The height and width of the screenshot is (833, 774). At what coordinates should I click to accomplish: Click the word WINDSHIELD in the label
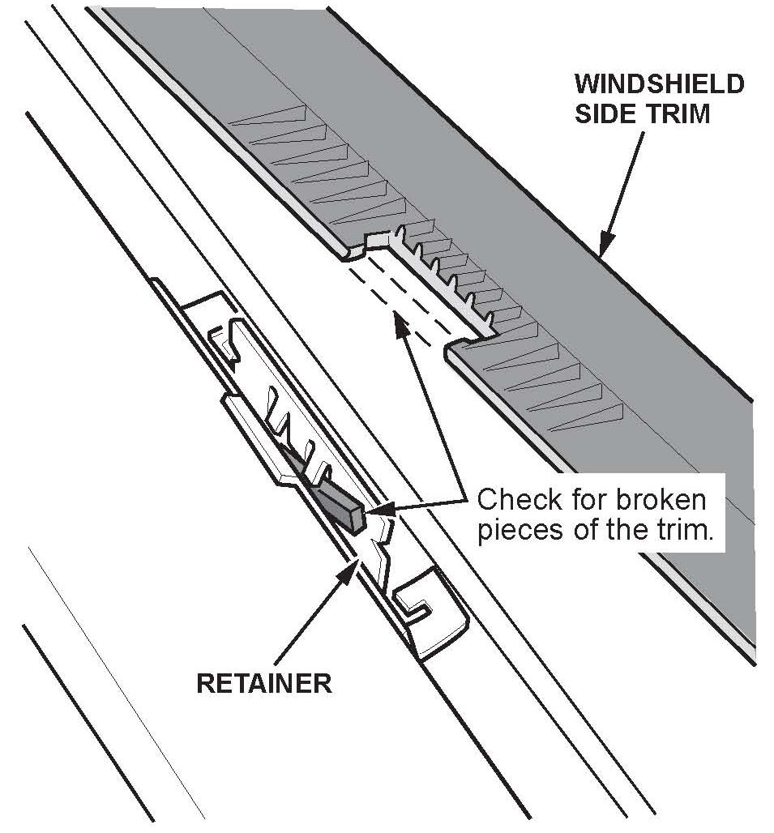(x=659, y=84)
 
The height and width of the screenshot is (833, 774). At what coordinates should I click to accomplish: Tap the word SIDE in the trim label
(x=605, y=113)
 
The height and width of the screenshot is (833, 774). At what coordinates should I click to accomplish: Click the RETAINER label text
(x=263, y=683)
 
